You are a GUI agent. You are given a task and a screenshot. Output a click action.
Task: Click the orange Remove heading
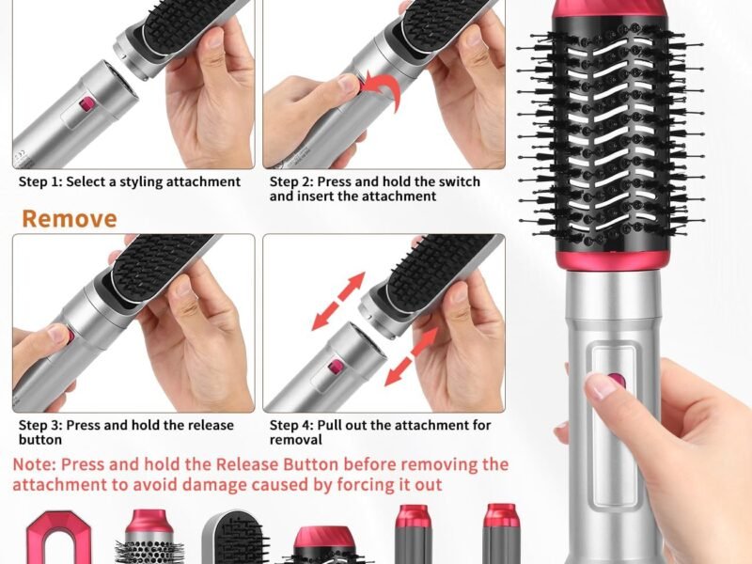click(70, 219)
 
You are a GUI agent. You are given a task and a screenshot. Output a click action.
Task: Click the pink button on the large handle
click(616, 382)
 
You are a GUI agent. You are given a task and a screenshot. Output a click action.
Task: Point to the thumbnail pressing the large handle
click(599, 386)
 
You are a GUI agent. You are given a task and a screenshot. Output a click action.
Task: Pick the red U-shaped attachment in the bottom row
click(54, 539)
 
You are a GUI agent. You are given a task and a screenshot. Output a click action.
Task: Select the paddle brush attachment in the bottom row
click(231, 539)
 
